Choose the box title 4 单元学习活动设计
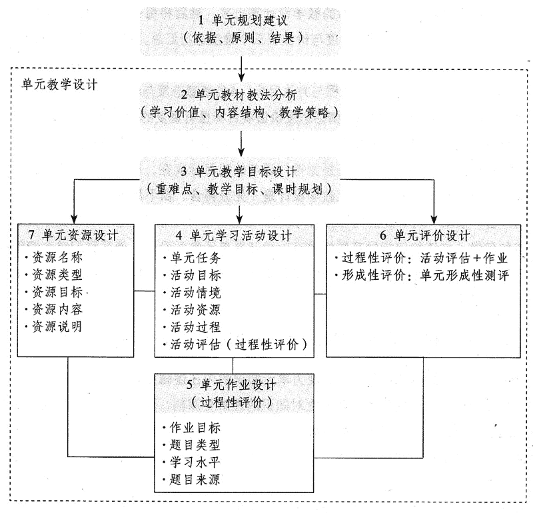coord(233,235)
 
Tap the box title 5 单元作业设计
coord(233,385)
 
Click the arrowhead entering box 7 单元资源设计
coord(73,217)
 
